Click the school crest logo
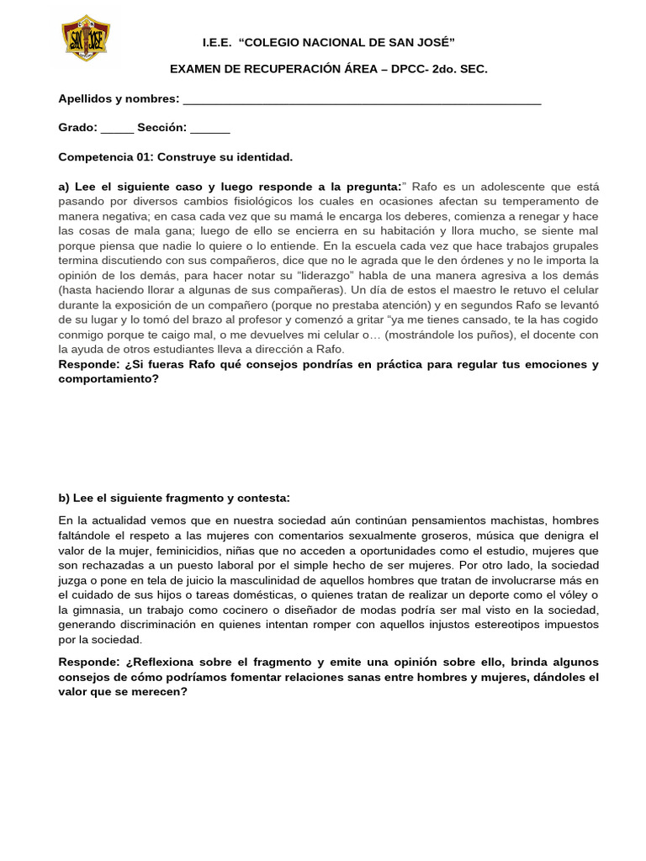[x=86, y=38]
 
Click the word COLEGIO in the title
[x=277, y=43]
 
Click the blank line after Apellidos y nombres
[x=362, y=100]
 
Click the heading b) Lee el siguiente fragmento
[x=174, y=498]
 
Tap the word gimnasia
[x=98, y=610]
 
